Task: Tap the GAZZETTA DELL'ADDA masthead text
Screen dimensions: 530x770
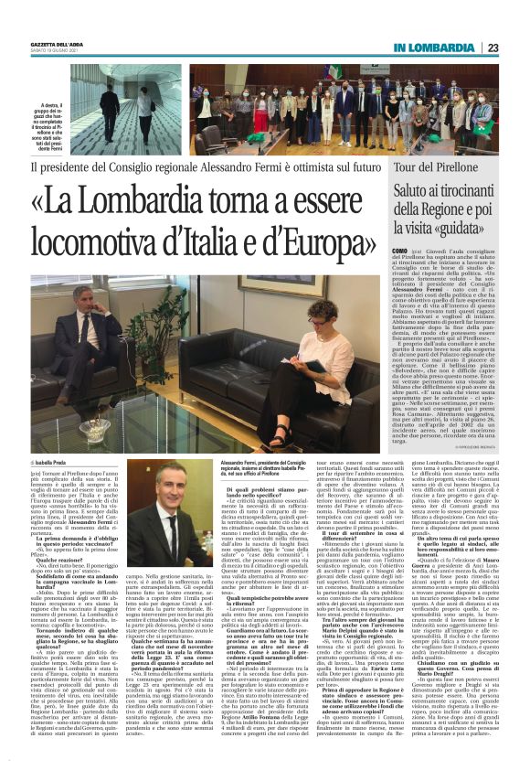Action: (57, 44)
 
